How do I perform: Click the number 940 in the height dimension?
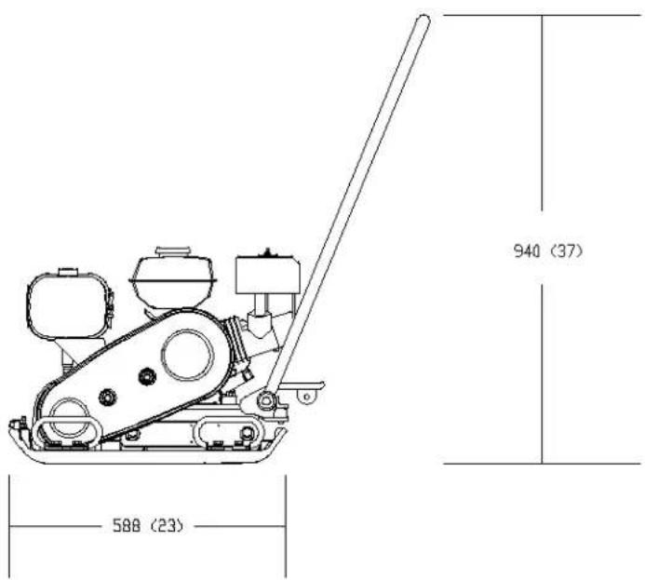click(527, 251)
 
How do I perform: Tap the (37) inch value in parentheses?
click(567, 251)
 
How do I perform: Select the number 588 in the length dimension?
click(127, 525)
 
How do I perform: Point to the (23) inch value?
click(167, 525)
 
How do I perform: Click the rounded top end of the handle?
click(423, 20)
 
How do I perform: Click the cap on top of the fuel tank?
click(173, 251)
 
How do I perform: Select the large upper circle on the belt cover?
click(188, 355)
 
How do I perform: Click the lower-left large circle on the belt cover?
click(68, 417)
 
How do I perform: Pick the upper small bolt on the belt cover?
click(147, 376)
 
